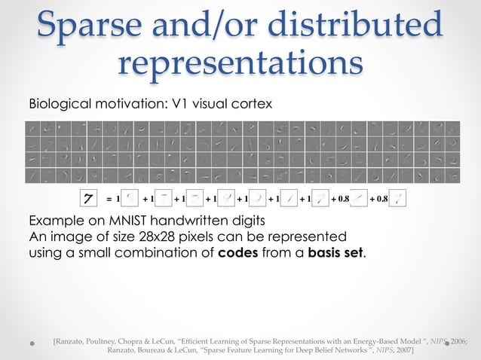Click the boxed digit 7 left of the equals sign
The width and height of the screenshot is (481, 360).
pos(90,200)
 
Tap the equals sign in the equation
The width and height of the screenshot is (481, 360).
pos(109,200)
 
